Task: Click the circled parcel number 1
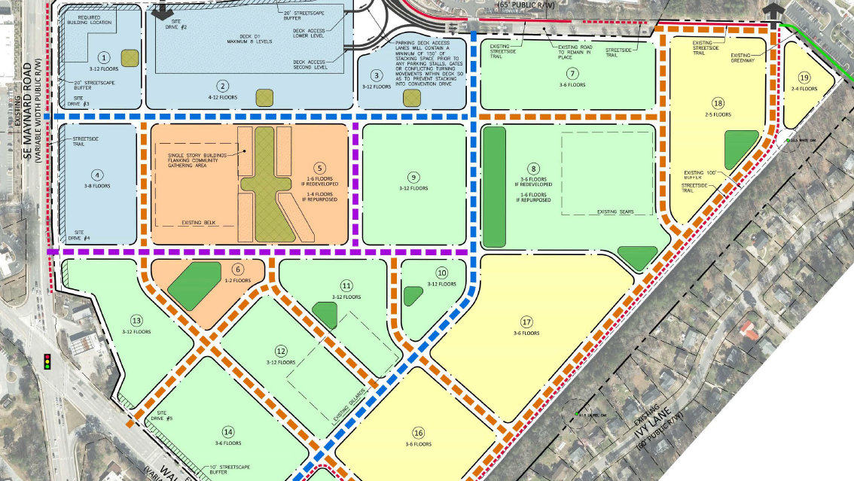click(104, 56)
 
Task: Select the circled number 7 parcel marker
click(572, 74)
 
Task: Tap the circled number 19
click(804, 78)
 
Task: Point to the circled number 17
click(526, 321)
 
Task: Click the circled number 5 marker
click(320, 169)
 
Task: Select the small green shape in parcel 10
click(413, 296)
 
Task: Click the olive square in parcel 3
click(412, 97)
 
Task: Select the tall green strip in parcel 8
click(494, 187)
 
